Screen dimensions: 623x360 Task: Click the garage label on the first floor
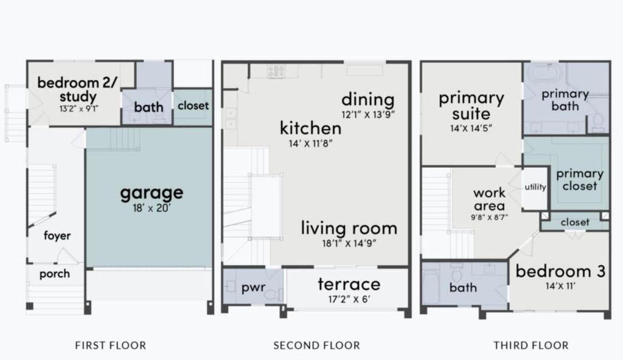(x=151, y=193)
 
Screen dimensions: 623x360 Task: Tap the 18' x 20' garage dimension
(x=151, y=208)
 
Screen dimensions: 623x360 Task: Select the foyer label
(x=57, y=235)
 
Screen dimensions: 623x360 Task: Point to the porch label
(x=54, y=274)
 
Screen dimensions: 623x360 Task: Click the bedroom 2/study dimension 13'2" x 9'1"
(x=79, y=108)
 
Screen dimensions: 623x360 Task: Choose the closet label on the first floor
(x=193, y=106)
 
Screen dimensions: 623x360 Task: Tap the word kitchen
(x=310, y=128)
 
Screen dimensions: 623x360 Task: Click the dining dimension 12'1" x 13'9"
(x=368, y=115)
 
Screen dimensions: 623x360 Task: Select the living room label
(x=349, y=228)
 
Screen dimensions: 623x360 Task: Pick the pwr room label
(x=254, y=288)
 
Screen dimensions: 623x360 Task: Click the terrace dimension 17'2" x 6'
(x=349, y=299)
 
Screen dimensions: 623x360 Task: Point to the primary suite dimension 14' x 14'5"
(x=472, y=128)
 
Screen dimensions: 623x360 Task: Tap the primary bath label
(x=565, y=100)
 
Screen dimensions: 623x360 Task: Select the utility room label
(x=535, y=187)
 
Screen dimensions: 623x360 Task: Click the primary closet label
(x=580, y=179)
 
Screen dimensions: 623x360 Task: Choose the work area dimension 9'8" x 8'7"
(x=490, y=217)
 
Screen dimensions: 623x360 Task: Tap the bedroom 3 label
(x=560, y=271)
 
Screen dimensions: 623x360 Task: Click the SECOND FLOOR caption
(x=316, y=345)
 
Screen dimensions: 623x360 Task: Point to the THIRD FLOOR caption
(x=531, y=345)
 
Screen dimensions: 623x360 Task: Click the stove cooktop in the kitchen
(x=276, y=72)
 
